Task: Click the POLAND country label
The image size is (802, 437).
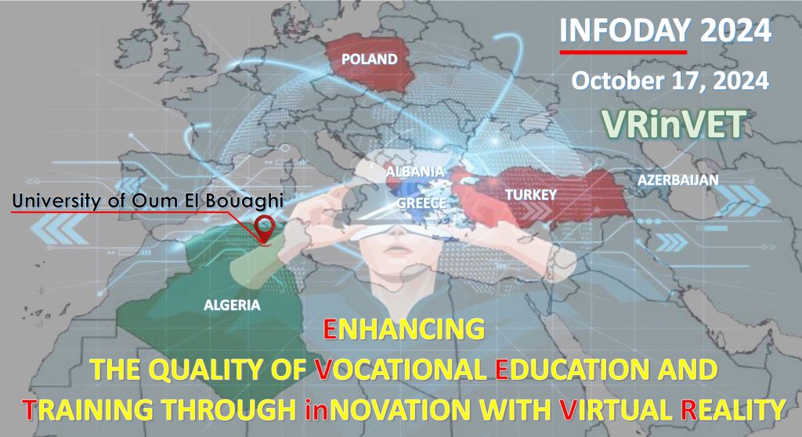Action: click(370, 60)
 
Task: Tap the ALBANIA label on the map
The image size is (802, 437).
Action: click(415, 172)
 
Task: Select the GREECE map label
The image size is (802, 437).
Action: click(422, 203)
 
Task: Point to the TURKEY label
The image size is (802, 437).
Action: click(531, 194)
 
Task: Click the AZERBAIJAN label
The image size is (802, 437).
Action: click(677, 179)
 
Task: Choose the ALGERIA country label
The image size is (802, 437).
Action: click(232, 305)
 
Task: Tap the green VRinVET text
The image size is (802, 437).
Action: click(672, 125)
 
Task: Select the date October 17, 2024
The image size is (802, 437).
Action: click(670, 81)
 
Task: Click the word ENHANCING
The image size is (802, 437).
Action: click(404, 329)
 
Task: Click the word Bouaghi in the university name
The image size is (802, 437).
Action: click(244, 201)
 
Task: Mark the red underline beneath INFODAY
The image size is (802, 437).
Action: click(623, 52)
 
